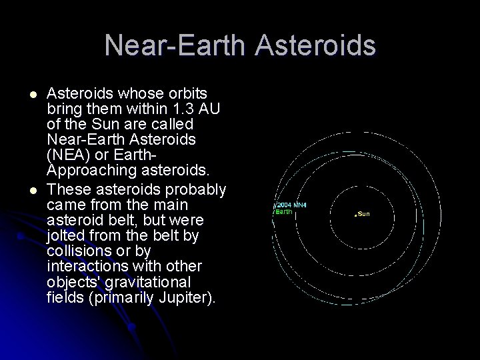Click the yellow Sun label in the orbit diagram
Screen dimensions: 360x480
pyautogui.click(x=364, y=214)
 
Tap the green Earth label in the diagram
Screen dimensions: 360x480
pyautogui.click(x=283, y=212)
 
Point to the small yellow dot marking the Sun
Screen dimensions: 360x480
pyautogui.click(x=355, y=215)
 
